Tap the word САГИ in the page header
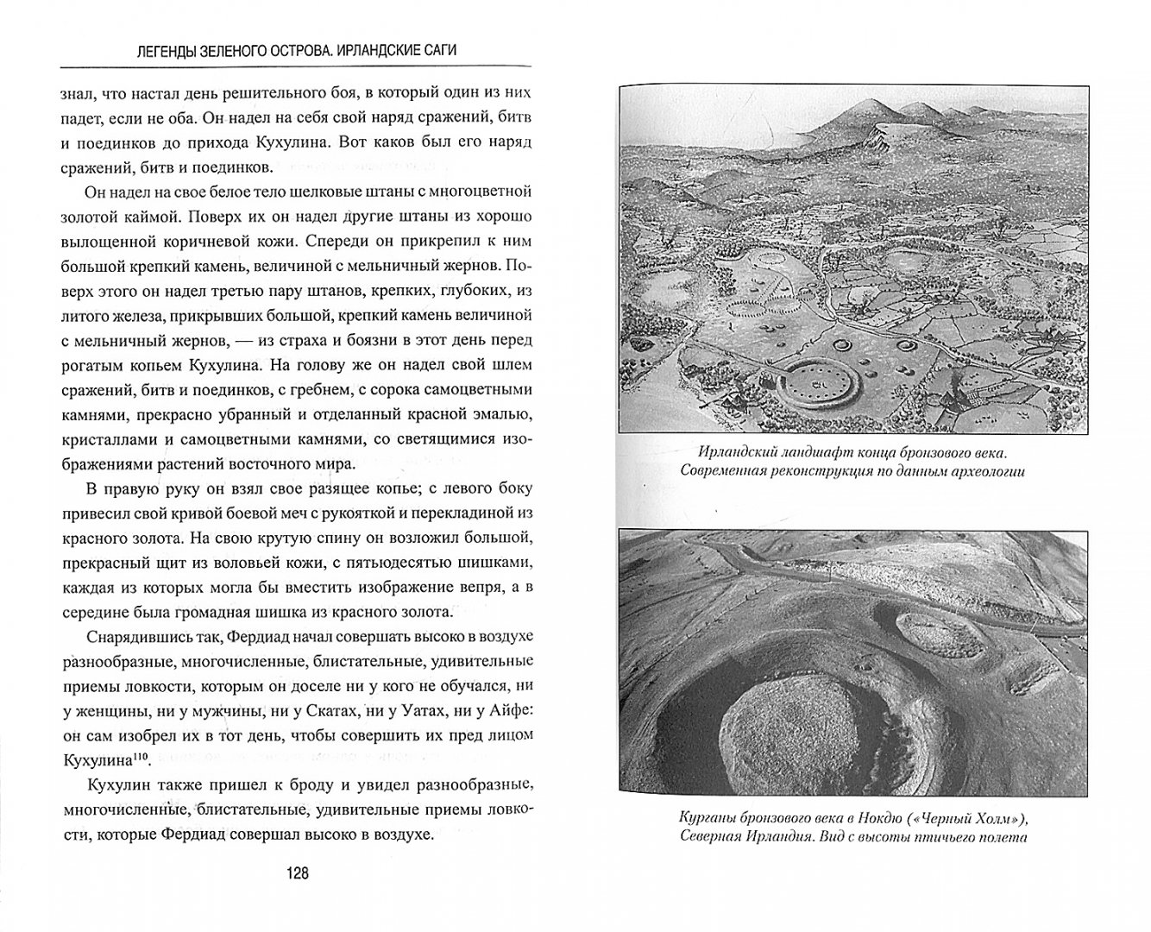[436, 50]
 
